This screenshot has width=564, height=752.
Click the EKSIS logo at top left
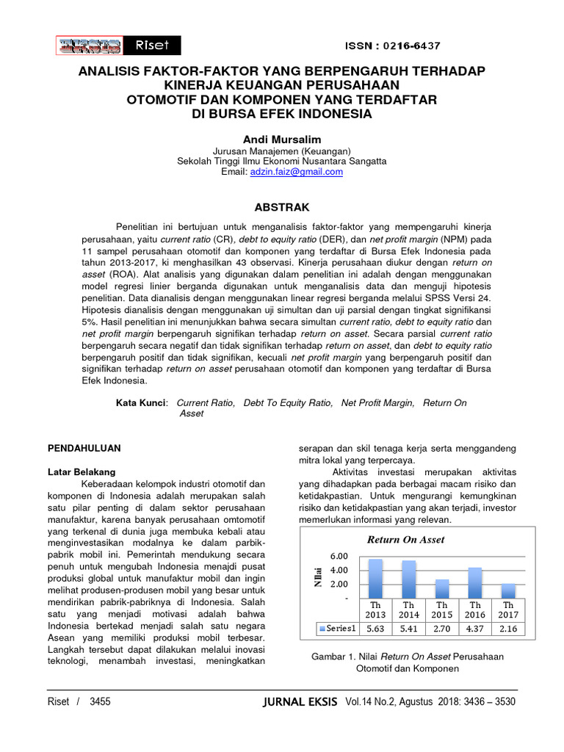(x=89, y=46)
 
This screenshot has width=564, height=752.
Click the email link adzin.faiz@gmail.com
(x=297, y=172)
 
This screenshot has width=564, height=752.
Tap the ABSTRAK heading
(x=282, y=208)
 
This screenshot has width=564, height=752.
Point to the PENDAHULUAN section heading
(x=84, y=447)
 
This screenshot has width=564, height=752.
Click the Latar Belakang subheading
(x=82, y=471)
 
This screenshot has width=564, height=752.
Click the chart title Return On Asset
(x=406, y=540)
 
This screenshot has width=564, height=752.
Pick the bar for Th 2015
(x=442, y=588)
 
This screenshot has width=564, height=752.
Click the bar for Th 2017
(x=508, y=590)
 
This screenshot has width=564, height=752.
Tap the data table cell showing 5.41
(x=409, y=629)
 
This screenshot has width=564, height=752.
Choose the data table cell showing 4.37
(x=475, y=629)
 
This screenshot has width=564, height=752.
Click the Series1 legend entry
(x=339, y=629)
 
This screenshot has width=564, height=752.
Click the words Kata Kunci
(x=142, y=403)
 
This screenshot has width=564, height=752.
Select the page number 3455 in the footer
(x=100, y=702)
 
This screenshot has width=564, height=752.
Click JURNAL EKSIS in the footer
(x=303, y=702)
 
